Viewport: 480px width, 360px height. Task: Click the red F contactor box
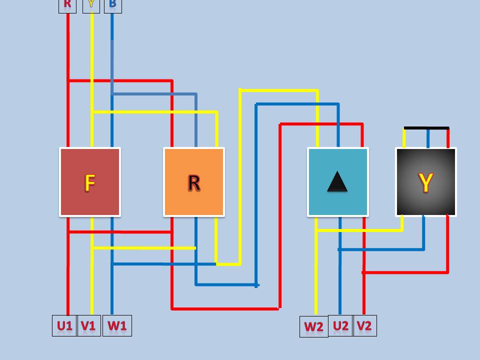(x=90, y=165)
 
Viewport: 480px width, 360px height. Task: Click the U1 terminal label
(x=64, y=326)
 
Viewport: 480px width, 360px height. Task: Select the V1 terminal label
(x=88, y=326)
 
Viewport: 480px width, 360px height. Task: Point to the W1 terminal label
(x=117, y=326)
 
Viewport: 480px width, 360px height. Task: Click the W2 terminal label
(x=313, y=327)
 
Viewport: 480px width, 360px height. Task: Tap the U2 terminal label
(x=340, y=326)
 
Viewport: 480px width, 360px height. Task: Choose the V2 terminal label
(x=364, y=326)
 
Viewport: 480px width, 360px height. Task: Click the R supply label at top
(x=67, y=5)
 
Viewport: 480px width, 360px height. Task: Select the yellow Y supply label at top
(x=91, y=5)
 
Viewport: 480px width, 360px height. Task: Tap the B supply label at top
(x=112, y=5)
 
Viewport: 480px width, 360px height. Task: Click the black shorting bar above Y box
(x=426, y=128)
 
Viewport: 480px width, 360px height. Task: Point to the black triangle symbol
(x=337, y=183)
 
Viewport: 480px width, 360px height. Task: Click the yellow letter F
(x=90, y=183)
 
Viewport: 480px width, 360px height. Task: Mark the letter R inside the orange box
(x=194, y=183)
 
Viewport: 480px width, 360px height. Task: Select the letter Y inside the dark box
(x=426, y=183)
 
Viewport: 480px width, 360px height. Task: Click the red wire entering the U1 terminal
(x=68, y=295)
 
